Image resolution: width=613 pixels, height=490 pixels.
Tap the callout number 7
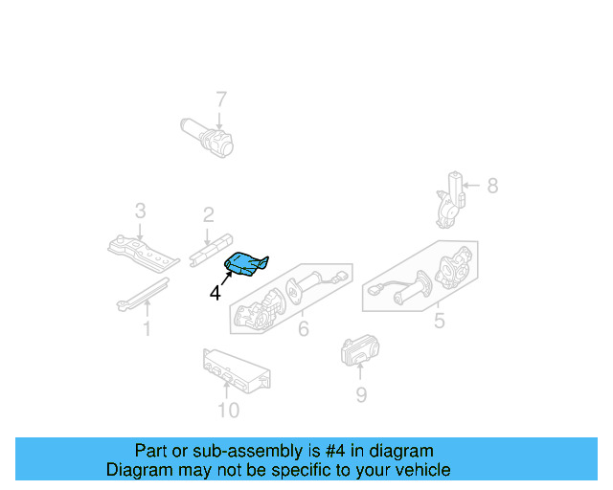click(x=220, y=99)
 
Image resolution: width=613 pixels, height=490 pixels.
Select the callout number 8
click(x=492, y=186)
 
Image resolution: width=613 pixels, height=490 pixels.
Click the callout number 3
click(x=140, y=210)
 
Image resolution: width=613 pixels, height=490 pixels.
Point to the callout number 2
click(x=208, y=215)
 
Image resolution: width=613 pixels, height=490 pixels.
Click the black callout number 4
click(x=215, y=294)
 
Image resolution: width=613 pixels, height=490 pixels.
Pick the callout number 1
click(x=147, y=330)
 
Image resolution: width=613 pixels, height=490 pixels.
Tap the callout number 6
click(x=303, y=330)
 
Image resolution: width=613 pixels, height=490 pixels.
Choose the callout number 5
click(x=439, y=321)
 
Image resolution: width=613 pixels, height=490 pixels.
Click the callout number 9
click(x=360, y=394)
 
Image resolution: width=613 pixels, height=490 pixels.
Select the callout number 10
click(x=228, y=411)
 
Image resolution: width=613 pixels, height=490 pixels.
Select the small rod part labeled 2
click(x=212, y=248)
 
